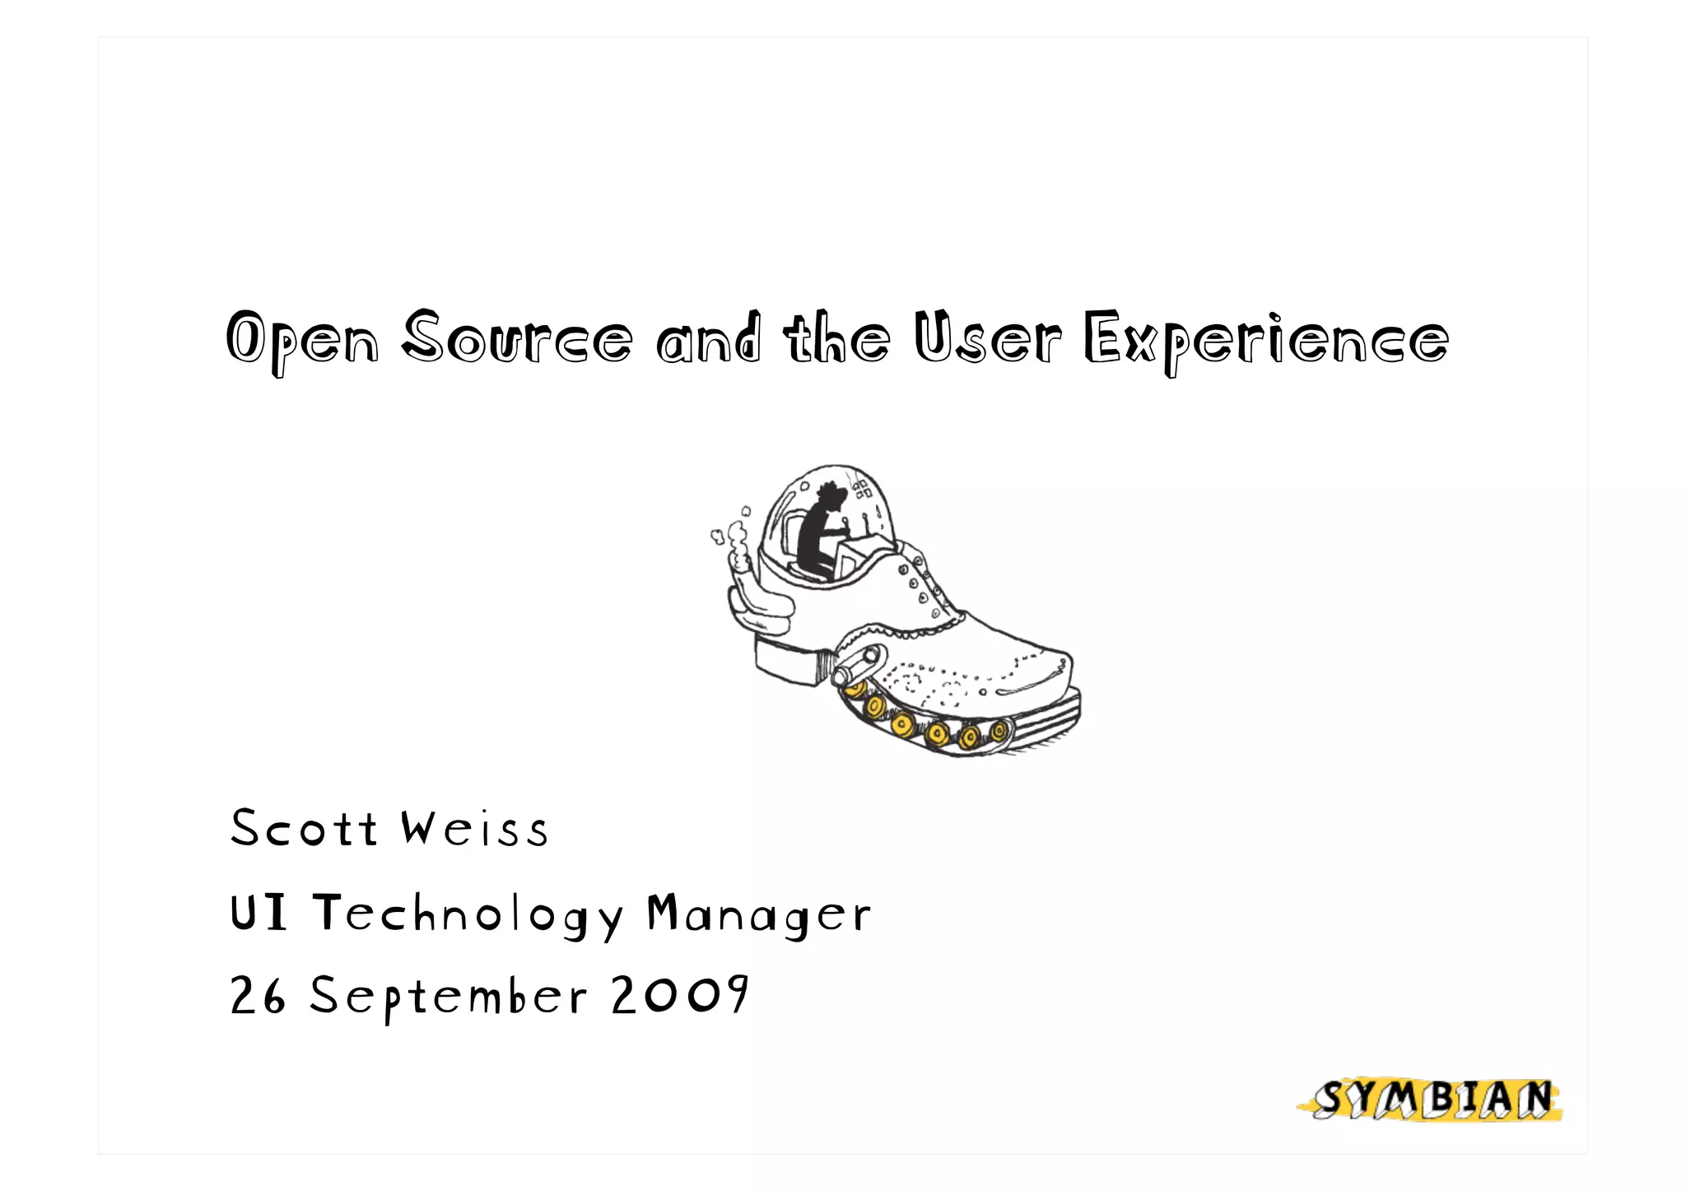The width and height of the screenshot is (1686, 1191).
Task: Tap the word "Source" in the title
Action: pos(517,337)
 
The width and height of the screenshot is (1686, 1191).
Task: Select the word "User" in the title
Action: pos(987,337)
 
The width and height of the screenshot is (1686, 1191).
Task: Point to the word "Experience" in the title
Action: pos(1265,340)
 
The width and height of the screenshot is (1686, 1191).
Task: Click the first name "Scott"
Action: pos(303,828)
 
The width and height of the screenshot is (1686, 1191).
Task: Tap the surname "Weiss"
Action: pos(474,828)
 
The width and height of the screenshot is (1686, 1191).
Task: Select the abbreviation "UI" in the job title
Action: pos(258,913)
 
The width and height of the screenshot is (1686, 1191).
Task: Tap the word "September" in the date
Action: pos(448,998)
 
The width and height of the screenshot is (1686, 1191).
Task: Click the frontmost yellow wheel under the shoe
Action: pos(999,729)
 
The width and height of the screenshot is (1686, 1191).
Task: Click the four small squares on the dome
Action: pos(862,490)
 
